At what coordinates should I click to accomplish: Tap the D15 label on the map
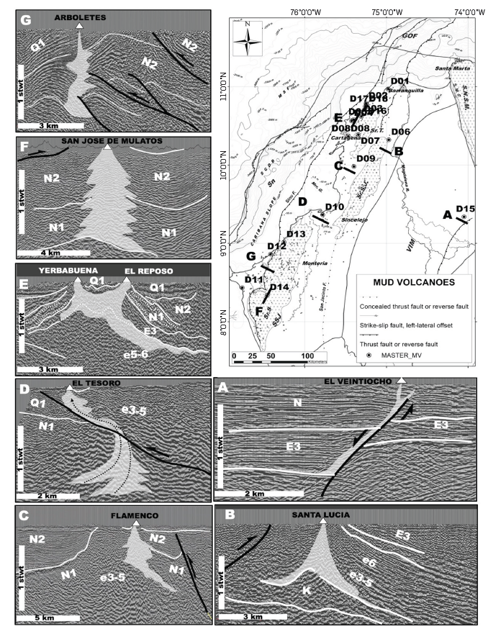(x=465, y=209)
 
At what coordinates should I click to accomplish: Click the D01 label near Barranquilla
(x=399, y=81)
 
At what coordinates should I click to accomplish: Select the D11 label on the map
(x=253, y=279)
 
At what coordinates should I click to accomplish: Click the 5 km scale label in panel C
(x=40, y=617)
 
